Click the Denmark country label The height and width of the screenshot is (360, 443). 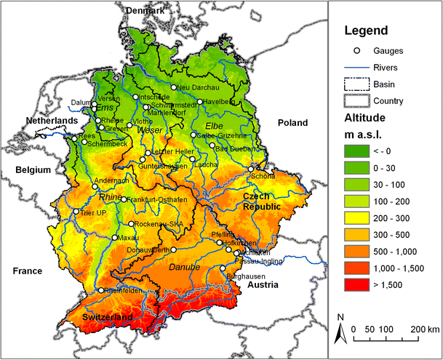tap(145, 10)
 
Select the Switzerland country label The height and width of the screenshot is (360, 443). tap(108, 318)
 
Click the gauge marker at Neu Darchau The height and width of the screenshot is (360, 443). tap(174, 87)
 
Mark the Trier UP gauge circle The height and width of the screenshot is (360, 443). tap(76, 212)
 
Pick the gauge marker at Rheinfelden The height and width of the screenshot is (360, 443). tap(101, 290)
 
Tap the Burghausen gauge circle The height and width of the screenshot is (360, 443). tap(223, 269)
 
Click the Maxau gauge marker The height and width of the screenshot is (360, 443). tap(114, 237)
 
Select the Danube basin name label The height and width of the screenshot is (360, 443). tap(183, 268)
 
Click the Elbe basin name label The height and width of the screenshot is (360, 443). tap(214, 126)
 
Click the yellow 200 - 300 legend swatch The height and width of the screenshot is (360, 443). tap(356, 216)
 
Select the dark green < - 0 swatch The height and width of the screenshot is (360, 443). tap(356, 151)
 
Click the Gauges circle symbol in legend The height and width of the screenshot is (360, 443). tap(356, 51)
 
